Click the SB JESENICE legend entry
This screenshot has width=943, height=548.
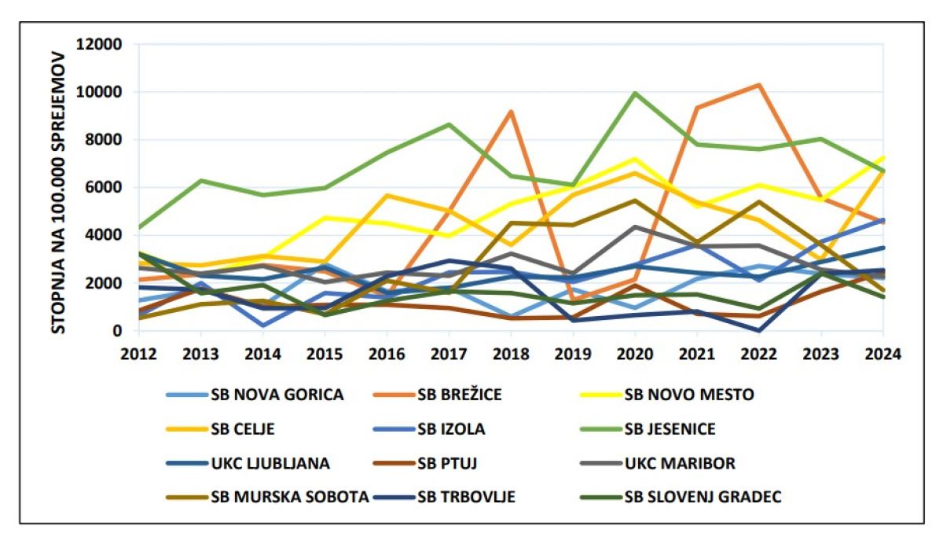[x=670, y=429]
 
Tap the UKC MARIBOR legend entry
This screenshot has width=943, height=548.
[x=679, y=463]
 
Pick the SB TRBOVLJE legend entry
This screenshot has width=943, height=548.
[x=466, y=497]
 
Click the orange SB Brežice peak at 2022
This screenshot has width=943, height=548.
[x=758, y=85]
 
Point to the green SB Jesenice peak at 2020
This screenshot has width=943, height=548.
[x=635, y=93]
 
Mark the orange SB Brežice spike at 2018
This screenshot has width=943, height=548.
[x=511, y=112]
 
